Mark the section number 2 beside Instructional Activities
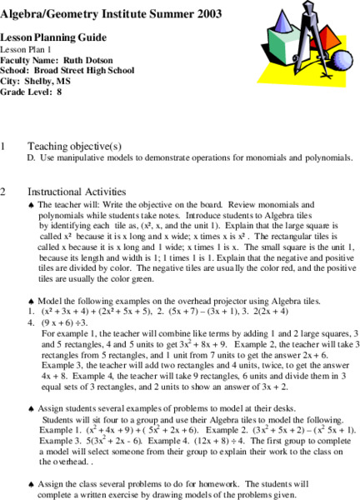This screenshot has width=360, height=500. [x=4, y=192]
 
